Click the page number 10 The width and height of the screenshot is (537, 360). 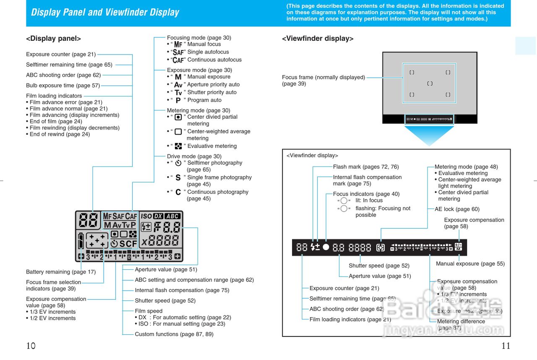[x=31, y=346]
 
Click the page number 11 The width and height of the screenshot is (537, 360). [x=506, y=346]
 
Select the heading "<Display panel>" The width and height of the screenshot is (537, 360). [x=53, y=39]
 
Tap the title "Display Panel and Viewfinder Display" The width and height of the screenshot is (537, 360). [x=105, y=12]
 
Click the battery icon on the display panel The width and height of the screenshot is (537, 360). [x=81, y=241]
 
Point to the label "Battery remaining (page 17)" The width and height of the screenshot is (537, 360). [x=61, y=272]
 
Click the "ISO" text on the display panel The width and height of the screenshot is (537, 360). [x=146, y=216]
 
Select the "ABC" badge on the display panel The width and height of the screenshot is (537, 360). [x=172, y=216]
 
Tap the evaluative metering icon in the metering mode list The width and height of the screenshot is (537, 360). [x=178, y=146]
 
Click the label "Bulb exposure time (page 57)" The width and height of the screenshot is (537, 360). [x=63, y=86]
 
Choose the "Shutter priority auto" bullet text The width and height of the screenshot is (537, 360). [x=212, y=92]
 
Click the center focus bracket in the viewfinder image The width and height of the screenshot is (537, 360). [x=430, y=83]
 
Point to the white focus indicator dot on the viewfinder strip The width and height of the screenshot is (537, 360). [x=326, y=247]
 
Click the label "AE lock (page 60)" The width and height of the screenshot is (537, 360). [x=457, y=209]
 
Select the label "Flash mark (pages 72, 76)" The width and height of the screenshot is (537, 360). [x=366, y=167]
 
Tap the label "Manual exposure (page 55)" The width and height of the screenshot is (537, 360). [x=470, y=264]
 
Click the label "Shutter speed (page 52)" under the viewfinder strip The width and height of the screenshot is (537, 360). [x=379, y=266]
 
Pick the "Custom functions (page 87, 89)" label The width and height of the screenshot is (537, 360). [x=174, y=334]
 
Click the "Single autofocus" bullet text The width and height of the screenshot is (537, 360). [x=208, y=52]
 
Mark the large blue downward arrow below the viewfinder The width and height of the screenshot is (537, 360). [x=429, y=135]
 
